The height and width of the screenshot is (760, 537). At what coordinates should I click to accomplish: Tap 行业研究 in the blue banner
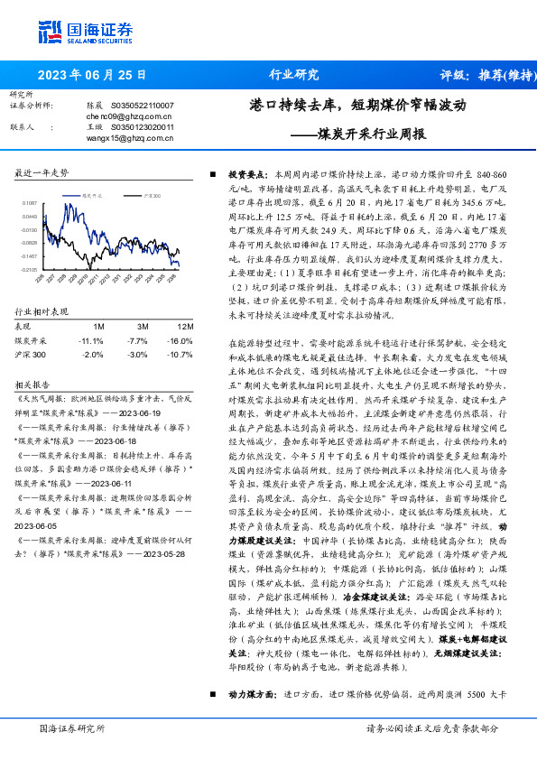click(294, 74)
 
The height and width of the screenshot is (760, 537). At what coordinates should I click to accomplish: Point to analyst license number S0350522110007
click(148, 107)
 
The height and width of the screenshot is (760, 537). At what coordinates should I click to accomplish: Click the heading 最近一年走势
click(42, 172)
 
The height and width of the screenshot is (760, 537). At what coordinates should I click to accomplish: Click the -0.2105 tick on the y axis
click(30, 269)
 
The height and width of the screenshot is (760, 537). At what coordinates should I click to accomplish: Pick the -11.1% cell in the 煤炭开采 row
click(93, 341)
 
